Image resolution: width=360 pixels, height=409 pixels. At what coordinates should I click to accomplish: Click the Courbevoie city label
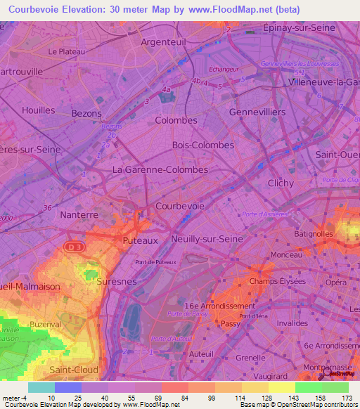pos(180,206)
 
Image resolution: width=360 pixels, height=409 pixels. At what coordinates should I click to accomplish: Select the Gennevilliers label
pos(257,112)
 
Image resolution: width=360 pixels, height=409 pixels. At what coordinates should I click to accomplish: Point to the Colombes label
pos(176,120)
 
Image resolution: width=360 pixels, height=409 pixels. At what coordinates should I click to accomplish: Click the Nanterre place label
pos(79,214)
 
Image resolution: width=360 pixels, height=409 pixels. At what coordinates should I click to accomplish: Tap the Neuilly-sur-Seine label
pos(207,239)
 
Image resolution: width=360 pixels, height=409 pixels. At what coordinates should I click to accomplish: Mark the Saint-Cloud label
pos(74,369)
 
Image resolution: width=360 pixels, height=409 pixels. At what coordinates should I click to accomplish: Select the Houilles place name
pos(38,110)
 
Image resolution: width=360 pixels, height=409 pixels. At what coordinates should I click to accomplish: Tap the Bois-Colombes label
pos(202,145)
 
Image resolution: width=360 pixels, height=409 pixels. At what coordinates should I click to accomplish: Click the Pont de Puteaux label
pos(156,262)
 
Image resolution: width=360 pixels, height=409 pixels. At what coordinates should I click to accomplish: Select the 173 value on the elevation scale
pos(346,398)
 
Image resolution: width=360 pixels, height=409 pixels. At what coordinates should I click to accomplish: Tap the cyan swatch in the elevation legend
pos(41,387)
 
